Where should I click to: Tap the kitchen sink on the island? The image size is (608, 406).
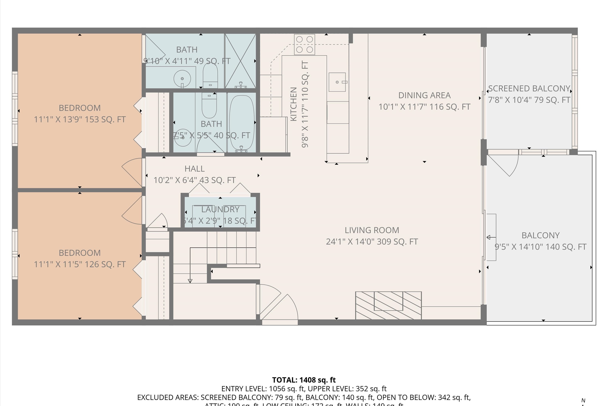(x=337, y=82)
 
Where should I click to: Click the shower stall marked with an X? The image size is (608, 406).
(x=240, y=61)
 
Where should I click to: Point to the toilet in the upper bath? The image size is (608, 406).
(x=210, y=75)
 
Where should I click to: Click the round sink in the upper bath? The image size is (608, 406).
(x=182, y=78)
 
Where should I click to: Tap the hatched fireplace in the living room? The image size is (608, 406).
(x=388, y=305)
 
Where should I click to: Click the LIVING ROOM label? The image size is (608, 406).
(x=372, y=230)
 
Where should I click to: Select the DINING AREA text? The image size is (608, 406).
(x=424, y=95)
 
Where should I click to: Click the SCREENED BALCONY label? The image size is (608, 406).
(x=529, y=89)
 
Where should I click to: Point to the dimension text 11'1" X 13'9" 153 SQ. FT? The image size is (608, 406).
(x=80, y=119)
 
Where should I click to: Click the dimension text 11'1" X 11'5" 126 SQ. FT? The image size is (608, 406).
(x=80, y=264)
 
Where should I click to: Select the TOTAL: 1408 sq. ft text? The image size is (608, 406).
(x=304, y=380)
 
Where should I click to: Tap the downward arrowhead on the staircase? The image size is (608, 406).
(x=190, y=281)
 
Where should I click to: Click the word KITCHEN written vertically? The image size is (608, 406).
(x=293, y=104)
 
